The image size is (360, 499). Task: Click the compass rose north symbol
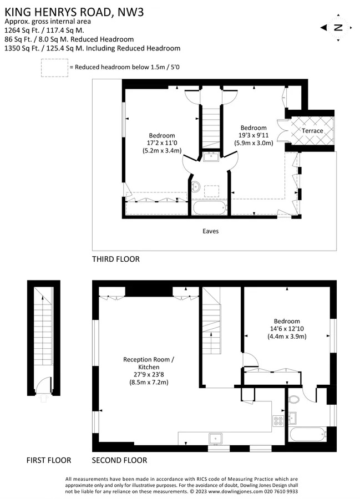click(338, 28)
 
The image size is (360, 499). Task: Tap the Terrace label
click(312, 130)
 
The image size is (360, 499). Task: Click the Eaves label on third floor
click(210, 231)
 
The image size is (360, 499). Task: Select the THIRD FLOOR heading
click(116, 259)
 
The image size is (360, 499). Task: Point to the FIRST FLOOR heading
click(49, 460)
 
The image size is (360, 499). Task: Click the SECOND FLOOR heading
click(119, 460)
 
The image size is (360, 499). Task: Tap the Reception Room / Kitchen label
click(149, 363)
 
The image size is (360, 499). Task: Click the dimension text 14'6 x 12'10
click(287, 329)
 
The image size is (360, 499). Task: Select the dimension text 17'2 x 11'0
click(162, 143)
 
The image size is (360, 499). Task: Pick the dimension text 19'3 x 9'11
click(253, 135)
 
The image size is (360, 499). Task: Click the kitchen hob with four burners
click(278, 421)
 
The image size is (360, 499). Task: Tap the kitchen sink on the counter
click(215, 439)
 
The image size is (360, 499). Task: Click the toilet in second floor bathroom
click(293, 400)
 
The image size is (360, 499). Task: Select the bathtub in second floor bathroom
click(307, 434)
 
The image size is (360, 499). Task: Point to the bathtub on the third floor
click(210, 208)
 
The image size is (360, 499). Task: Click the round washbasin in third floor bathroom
click(196, 186)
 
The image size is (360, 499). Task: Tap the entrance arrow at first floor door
click(44, 398)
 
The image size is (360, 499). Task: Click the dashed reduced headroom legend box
click(54, 68)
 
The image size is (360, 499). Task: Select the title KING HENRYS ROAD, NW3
click(74, 12)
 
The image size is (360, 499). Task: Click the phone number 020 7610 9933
click(281, 491)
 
